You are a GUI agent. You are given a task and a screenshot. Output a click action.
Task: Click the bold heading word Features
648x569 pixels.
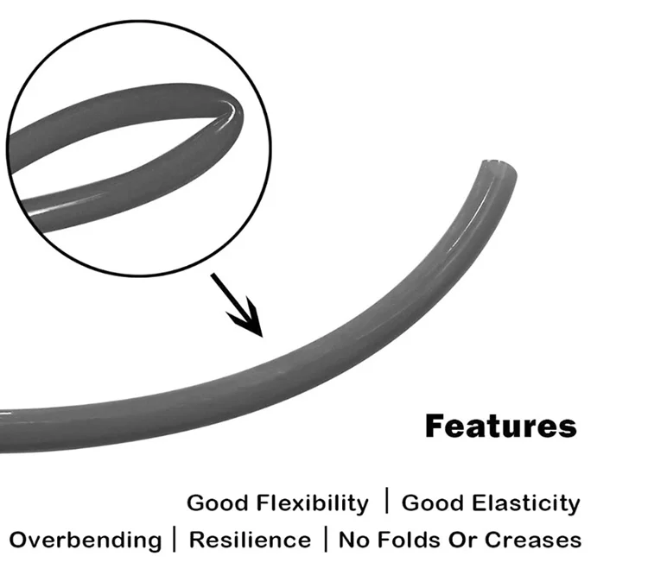click(500, 426)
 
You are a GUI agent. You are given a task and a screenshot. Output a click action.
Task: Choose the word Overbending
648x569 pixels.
click(85, 541)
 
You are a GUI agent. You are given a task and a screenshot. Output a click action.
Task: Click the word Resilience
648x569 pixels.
click(250, 541)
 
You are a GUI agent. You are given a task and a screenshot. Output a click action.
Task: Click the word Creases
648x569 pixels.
click(533, 541)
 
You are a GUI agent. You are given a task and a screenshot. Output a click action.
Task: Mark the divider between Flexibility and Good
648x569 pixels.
click(386, 501)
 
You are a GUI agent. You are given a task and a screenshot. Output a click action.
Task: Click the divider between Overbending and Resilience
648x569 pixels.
click(175, 539)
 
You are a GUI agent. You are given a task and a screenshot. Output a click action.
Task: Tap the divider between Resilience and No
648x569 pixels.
click(325, 539)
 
